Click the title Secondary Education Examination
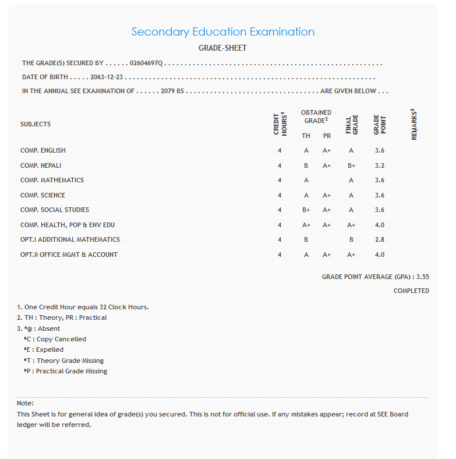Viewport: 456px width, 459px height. click(x=222, y=32)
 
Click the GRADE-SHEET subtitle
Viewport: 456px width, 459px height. click(x=222, y=48)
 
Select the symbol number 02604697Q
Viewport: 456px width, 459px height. click(x=147, y=63)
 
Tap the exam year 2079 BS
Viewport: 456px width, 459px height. click(x=172, y=91)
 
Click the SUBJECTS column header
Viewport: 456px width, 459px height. click(x=36, y=124)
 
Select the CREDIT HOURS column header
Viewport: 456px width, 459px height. click(x=280, y=124)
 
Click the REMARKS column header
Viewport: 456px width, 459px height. click(x=413, y=124)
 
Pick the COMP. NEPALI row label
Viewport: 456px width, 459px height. click(x=41, y=165)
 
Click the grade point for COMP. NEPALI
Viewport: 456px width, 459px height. click(x=380, y=165)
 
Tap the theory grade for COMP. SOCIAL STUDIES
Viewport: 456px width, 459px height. click(x=306, y=210)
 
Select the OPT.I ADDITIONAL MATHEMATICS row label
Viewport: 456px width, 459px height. click(x=70, y=239)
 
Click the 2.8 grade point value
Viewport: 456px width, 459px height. click(x=380, y=239)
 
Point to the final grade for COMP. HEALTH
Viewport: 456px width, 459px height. click(x=351, y=225)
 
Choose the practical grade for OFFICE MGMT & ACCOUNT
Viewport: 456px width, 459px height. click(x=327, y=255)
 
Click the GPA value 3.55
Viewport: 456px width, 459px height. click(x=422, y=277)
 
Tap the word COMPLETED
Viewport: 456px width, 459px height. click(x=411, y=291)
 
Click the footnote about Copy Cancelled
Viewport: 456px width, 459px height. click(x=55, y=339)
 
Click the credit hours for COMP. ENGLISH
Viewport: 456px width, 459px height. click(x=280, y=150)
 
